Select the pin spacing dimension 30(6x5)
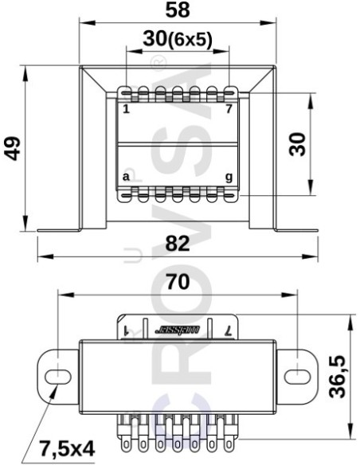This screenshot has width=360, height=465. click(178, 40)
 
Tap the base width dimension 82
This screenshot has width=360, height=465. click(177, 244)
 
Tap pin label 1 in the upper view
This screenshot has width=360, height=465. click(126, 108)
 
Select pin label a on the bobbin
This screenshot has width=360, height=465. click(126, 176)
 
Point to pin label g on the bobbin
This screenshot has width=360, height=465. click(229, 176)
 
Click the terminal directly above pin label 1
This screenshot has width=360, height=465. click(126, 93)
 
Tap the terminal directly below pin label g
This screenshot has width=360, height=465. click(229, 193)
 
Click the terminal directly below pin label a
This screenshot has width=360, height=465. click(126, 193)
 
